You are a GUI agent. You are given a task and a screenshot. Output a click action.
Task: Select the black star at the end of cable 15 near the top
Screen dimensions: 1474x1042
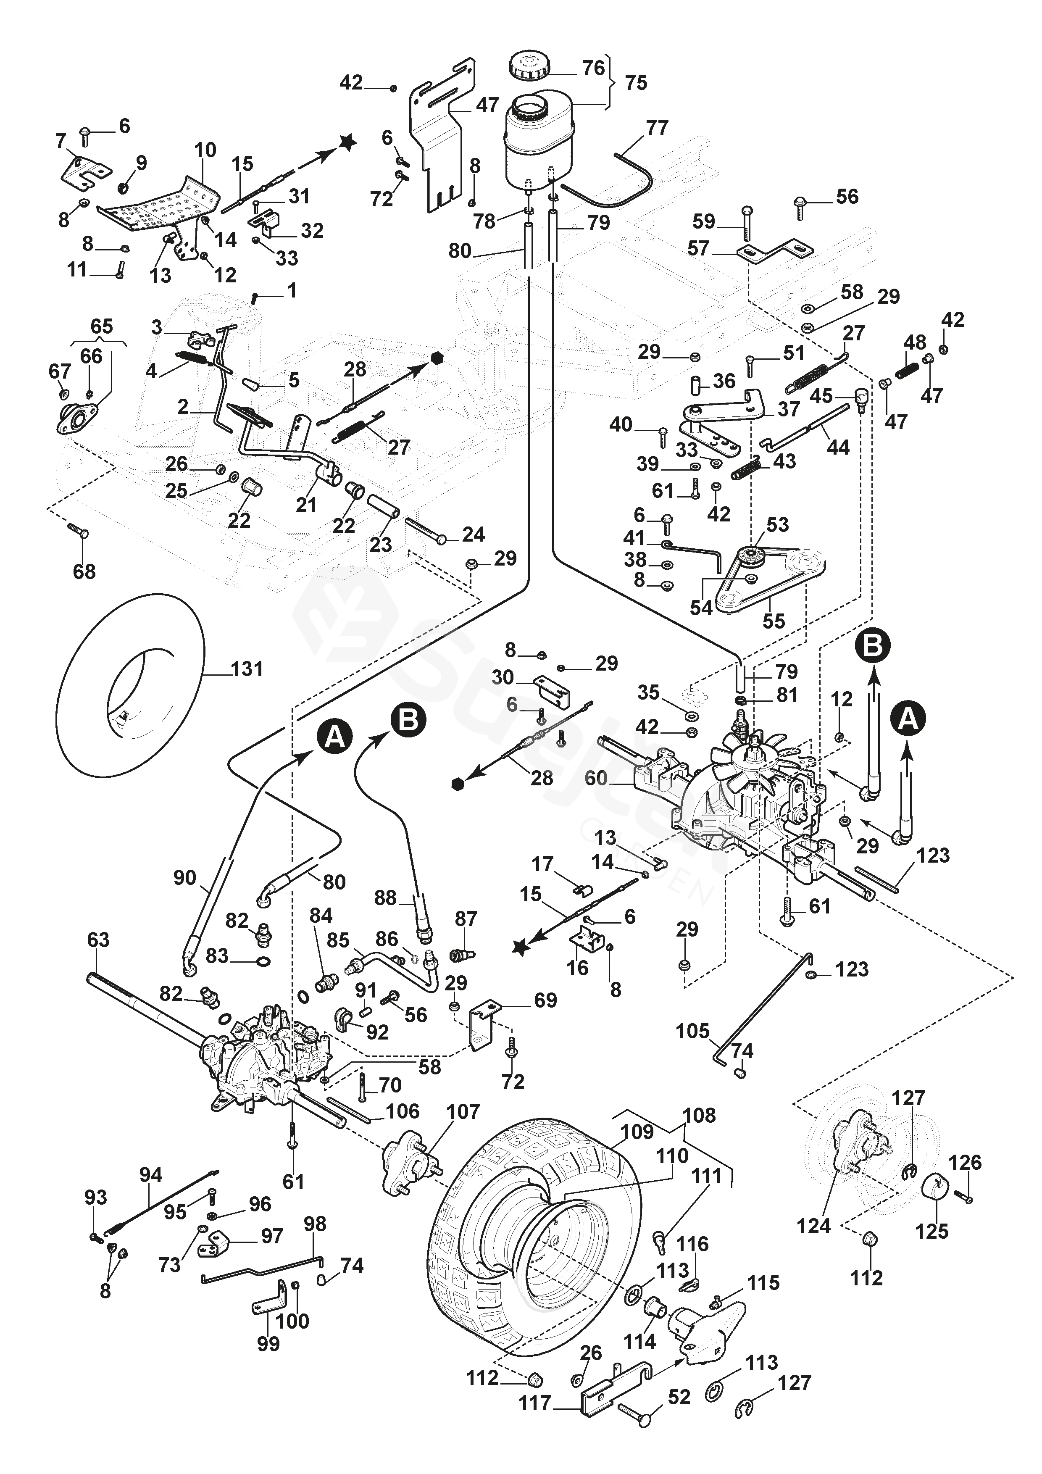click(347, 142)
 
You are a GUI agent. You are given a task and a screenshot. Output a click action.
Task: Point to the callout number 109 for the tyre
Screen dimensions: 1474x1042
click(637, 1131)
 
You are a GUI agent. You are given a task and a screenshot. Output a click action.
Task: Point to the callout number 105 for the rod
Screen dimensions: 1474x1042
click(692, 1032)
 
